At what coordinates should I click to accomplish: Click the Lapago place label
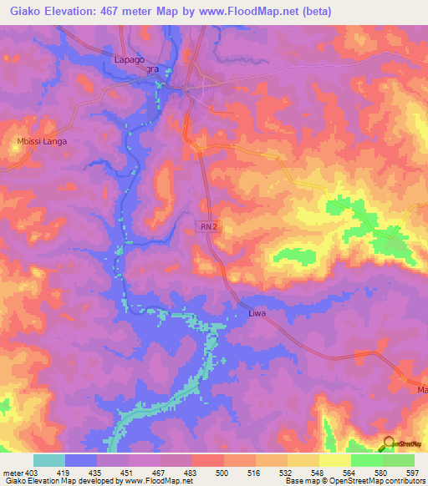[x=130, y=59]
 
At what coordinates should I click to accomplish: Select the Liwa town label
[x=257, y=315]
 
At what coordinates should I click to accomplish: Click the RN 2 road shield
[x=209, y=225]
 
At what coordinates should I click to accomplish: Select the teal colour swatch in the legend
[x=49, y=460]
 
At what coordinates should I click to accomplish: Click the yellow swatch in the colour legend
[x=334, y=460]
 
